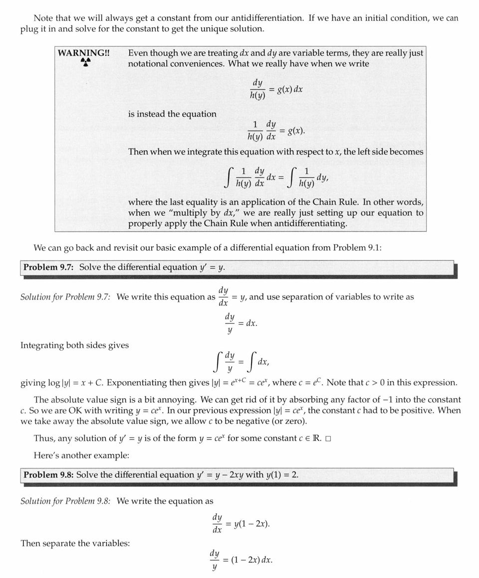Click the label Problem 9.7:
click(48, 267)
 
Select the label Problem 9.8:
click(48, 475)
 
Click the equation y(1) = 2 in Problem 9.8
click(281, 475)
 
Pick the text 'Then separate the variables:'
click(75, 543)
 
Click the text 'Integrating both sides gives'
click(74, 345)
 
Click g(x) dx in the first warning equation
click(291, 90)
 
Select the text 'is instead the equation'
click(172, 114)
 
